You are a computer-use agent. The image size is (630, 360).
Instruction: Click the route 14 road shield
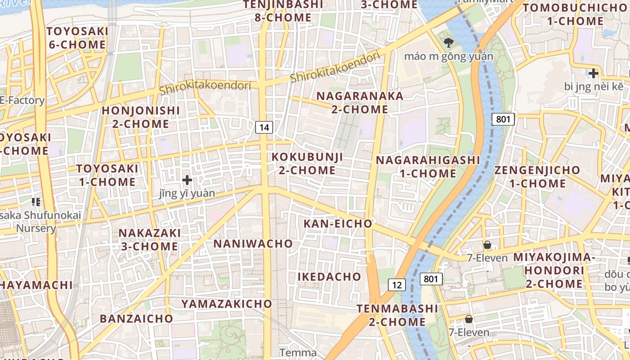coord(264,127)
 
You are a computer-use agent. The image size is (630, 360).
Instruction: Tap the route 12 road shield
coord(396,285)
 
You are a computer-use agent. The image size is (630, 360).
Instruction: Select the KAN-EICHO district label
coord(337,224)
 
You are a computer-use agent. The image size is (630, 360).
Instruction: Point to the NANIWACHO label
coord(253,243)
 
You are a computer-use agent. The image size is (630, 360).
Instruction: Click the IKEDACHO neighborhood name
coord(329,276)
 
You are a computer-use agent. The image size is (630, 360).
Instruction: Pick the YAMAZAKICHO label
coord(227,304)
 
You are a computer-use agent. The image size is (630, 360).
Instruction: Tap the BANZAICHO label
coord(136,319)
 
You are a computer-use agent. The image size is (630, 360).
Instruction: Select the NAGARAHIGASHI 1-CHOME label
coord(428,166)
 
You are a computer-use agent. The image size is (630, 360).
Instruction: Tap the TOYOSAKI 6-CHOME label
coord(77,38)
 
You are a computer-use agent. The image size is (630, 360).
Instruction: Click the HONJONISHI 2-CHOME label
coord(140,117)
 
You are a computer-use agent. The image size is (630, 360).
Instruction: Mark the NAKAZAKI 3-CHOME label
coord(149,239)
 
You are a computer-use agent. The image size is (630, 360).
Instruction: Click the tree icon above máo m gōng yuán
coord(448,43)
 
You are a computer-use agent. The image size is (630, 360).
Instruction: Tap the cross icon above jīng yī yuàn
coord(187,180)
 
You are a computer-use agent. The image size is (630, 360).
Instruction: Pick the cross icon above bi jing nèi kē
coord(594,73)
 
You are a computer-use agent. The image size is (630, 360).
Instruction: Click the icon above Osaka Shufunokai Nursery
coord(36,202)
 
